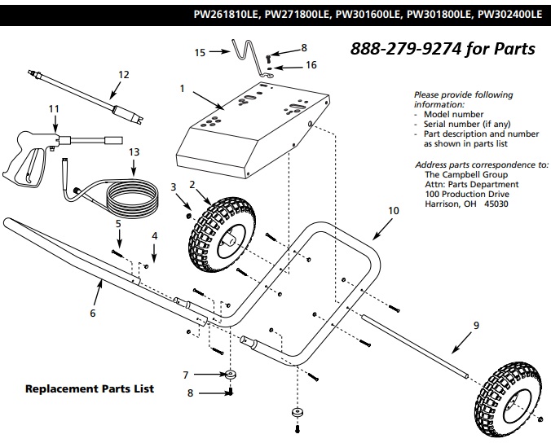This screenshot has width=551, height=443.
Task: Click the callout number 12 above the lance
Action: point(124,75)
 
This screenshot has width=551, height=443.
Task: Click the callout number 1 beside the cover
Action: point(183,87)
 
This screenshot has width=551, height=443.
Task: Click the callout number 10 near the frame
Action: point(394,211)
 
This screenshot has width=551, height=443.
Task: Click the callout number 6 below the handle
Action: point(92,313)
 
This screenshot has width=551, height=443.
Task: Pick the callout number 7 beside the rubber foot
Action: point(186,375)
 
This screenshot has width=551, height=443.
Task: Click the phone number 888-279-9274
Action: point(443,49)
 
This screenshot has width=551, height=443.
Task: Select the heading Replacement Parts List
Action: point(90,389)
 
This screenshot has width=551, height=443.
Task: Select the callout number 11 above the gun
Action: point(54,107)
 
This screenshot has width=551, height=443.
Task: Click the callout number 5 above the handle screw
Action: point(118,222)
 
